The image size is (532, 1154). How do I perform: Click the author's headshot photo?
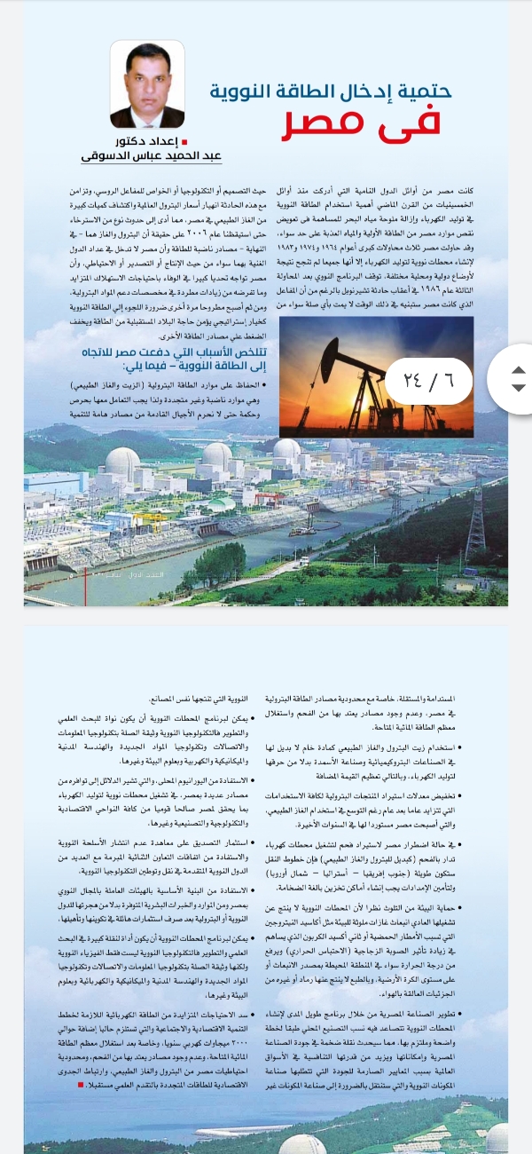tap(147, 84)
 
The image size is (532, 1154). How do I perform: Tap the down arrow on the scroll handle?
tap(520, 388)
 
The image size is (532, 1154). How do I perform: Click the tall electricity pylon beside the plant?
tap(476, 515)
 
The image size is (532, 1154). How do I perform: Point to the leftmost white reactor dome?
tap(122, 462)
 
